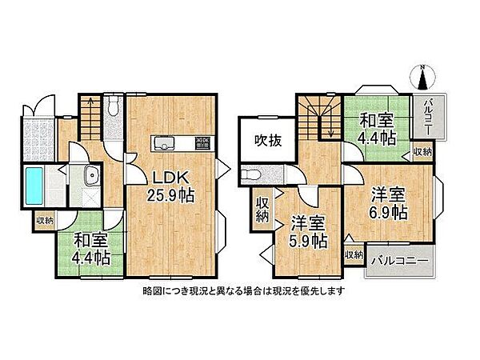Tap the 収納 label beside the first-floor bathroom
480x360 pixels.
(x=45, y=218)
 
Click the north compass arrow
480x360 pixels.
(x=423, y=77)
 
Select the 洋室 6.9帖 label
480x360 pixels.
(x=387, y=205)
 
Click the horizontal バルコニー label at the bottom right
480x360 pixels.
(x=398, y=263)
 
